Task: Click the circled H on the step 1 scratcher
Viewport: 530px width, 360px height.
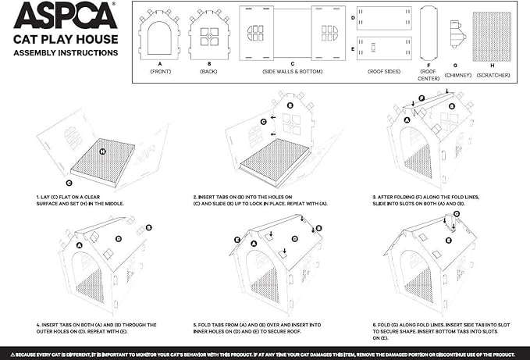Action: pyautogui.click(x=103, y=149)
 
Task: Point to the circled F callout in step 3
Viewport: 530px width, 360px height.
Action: pyautogui.click(x=422, y=99)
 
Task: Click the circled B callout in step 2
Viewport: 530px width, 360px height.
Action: pyautogui.click(x=290, y=105)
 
